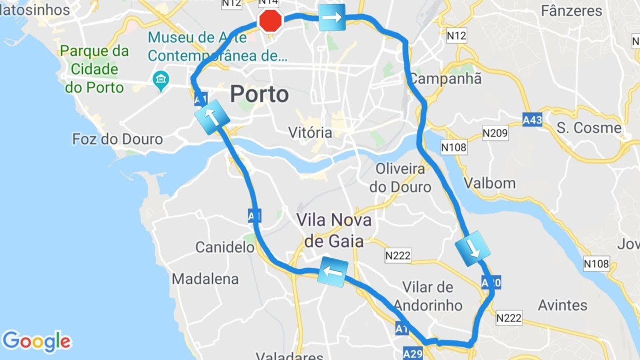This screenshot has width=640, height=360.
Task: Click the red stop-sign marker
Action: pos(270,21)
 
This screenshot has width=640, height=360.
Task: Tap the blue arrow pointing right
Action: pos(332,17)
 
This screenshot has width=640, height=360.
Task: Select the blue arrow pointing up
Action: pos(211,117)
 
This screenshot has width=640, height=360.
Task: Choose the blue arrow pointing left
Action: pos(332,272)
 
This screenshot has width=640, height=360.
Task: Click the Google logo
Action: pos(36,341)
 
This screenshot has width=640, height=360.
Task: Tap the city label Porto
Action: pos(259,94)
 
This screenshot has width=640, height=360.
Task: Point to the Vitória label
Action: pos(310,132)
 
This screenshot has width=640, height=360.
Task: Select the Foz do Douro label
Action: pos(117,139)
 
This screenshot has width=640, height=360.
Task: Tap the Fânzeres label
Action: pos(572,10)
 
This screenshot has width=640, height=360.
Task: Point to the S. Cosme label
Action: pos(589,127)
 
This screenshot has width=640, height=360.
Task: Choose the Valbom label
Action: pos(489,183)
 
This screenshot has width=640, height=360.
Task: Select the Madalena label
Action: pos(205,278)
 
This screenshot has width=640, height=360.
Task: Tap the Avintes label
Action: pos(562,305)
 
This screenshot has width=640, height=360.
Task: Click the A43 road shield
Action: pos(532,119)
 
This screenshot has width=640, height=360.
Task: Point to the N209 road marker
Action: pos(495,133)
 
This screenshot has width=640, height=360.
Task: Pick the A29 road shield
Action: pos(412,354)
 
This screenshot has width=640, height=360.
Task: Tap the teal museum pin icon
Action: pos(160,80)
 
